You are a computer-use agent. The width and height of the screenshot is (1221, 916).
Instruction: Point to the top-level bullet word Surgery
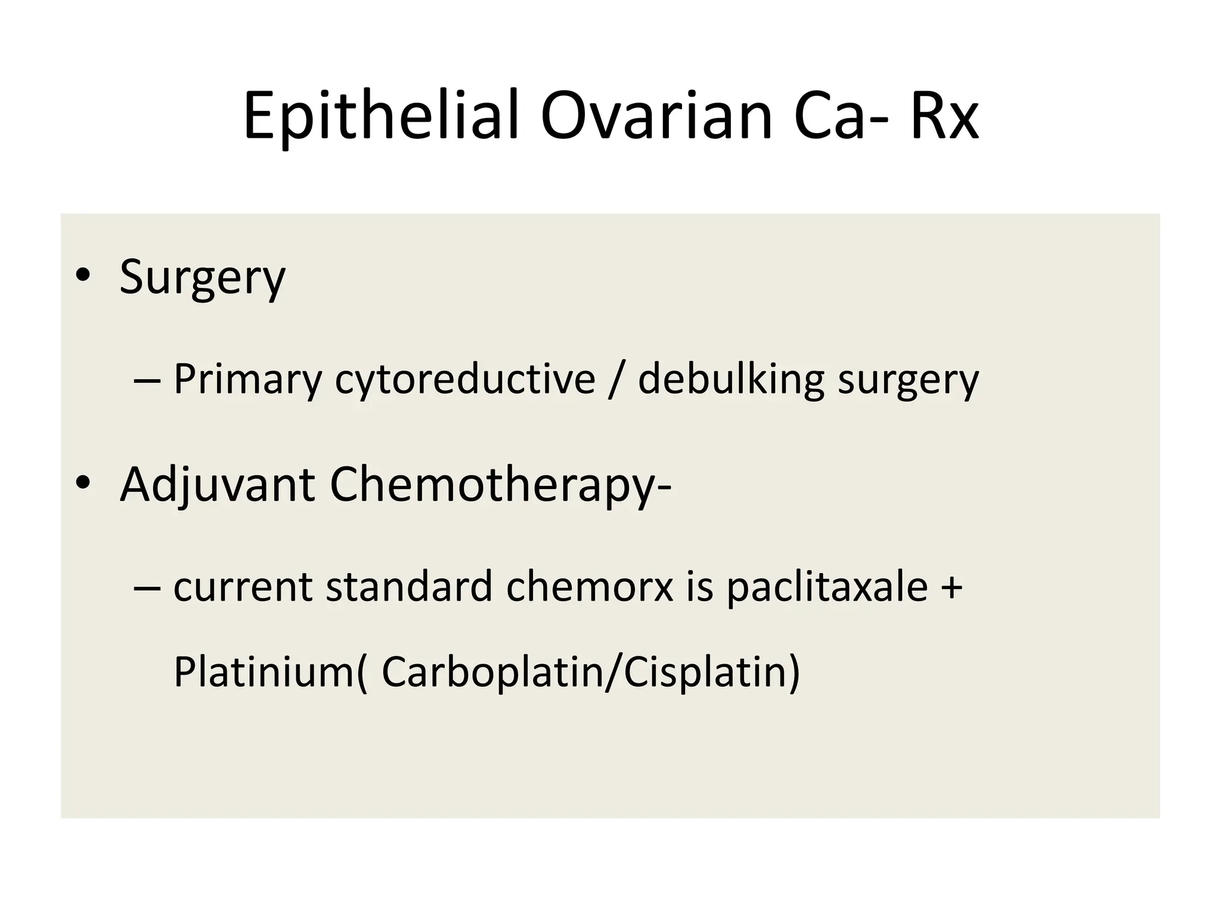(x=203, y=278)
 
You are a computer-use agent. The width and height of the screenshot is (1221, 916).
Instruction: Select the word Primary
(x=247, y=380)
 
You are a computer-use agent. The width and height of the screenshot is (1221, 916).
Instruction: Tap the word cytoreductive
(x=465, y=380)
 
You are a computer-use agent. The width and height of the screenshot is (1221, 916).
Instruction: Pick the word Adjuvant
(x=217, y=485)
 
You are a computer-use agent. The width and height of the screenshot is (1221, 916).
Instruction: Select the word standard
(x=409, y=587)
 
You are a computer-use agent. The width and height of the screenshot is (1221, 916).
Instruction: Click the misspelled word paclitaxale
(x=827, y=587)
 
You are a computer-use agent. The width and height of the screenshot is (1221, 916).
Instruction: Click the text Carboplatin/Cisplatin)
(x=590, y=672)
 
